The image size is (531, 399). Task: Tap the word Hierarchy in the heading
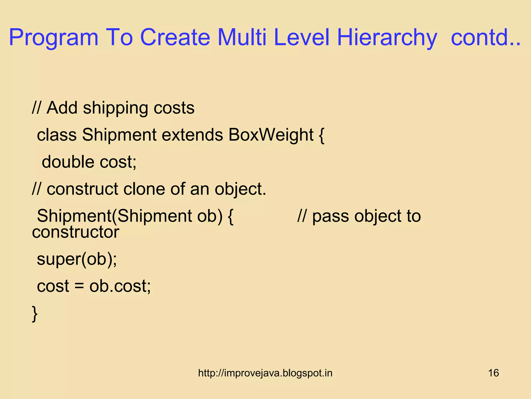(x=387, y=38)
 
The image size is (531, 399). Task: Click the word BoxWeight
(x=271, y=135)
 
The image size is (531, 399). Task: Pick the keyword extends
(x=192, y=135)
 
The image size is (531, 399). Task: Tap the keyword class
(x=57, y=135)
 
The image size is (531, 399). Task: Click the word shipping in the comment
(x=115, y=108)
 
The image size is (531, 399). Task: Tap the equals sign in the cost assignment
(x=79, y=286)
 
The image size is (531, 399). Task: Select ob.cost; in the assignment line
(x=120, y=286)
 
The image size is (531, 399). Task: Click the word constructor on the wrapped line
(x=75, y=232)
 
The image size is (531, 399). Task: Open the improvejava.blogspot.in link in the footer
(x=265, y=373)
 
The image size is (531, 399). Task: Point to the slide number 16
(x=493, y=373)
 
